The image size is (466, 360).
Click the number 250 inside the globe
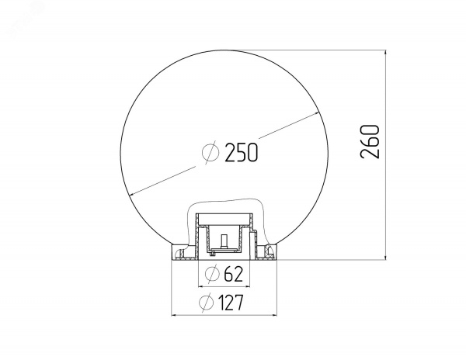click(242, 152)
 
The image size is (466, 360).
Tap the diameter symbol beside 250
click(210, 152)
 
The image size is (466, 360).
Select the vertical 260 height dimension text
click(370, 141)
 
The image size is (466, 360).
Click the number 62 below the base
click(234, 274)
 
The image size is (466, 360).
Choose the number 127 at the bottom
click(231, 303)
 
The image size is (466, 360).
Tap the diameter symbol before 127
click(207, 303)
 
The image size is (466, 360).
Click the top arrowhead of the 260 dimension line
click(385, 54)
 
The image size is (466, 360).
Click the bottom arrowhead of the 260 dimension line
click(385, 256)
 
